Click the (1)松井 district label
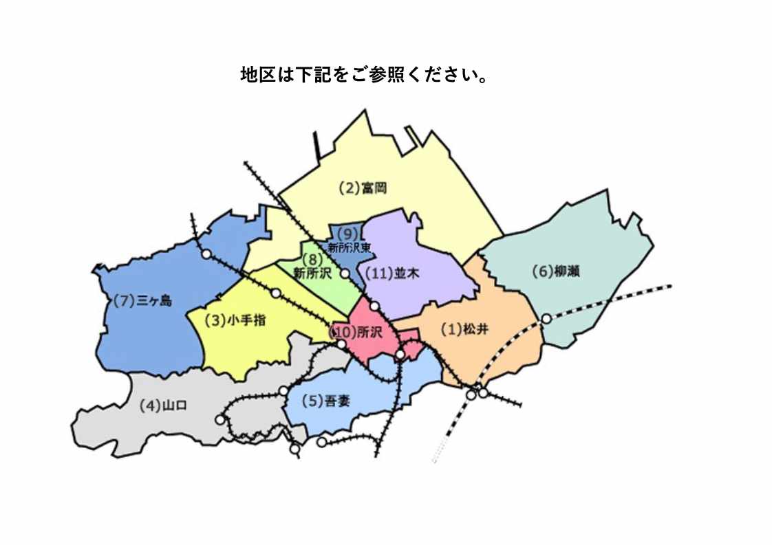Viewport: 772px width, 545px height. (464, 329)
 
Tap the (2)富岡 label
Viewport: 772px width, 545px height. (364, 188)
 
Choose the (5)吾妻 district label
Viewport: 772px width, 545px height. (326, 401)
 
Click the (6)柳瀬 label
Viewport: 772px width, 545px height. (556, 271)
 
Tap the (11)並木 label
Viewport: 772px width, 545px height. (392, 274)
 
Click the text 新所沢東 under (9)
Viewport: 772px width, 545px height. (350, 247)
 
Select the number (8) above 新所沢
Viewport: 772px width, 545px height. (312, 260)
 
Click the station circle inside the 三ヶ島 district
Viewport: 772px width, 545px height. (206, 254)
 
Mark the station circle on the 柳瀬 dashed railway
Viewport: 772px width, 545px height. (546, 318)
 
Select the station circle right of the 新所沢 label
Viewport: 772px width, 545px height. (345, 273)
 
